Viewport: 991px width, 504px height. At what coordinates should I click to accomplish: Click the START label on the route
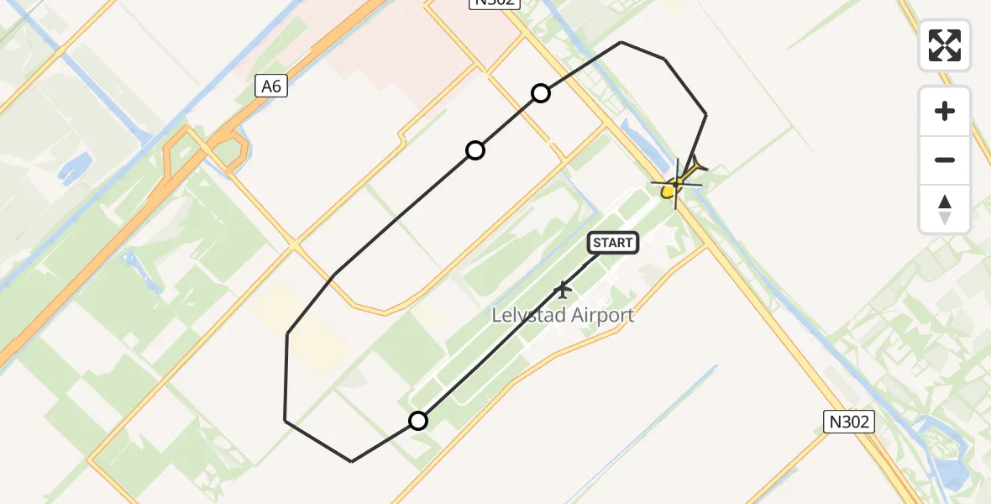(613, 243)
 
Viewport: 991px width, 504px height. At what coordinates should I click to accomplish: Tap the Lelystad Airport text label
(563, 316)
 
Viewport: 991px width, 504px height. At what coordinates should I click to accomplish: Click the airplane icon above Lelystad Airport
(563, 291)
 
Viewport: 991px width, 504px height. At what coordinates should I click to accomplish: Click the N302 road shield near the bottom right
(848, 422)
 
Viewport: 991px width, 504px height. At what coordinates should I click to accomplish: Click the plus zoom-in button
(945, 111)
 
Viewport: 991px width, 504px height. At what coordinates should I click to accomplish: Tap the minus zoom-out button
(945, 160)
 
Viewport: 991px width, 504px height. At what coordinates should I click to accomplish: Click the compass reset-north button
(945, 208)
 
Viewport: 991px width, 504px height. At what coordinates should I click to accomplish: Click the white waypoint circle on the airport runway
(418, 421)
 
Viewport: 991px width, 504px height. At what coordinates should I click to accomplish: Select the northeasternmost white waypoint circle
(541, 93)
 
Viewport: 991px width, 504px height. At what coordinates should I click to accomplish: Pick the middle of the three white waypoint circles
(475, 150)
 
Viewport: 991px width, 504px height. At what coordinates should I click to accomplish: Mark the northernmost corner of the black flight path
(621, 42)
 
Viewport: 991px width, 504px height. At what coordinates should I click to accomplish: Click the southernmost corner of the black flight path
(351, 461)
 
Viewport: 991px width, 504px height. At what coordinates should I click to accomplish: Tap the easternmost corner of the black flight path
(705, 114)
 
